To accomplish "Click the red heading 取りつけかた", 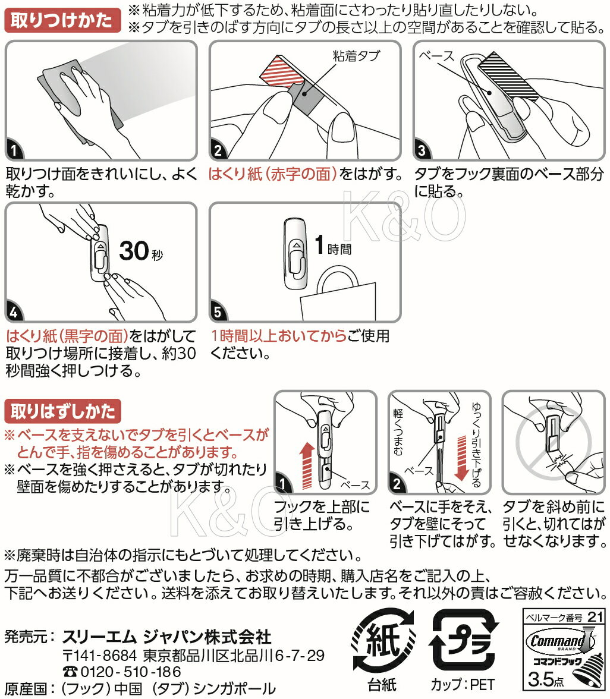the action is (x=62, y=20).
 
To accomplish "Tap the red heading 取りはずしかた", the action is (x=62, y=411).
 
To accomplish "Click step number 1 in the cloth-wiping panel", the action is (x=14, y=150).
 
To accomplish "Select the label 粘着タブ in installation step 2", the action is (x=356, y=56).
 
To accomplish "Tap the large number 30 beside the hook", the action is (x=134, y=251).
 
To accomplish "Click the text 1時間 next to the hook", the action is (x=333, y=245).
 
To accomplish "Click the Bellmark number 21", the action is (x=595, y=617).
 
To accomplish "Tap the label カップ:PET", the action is (x=463, y=684).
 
